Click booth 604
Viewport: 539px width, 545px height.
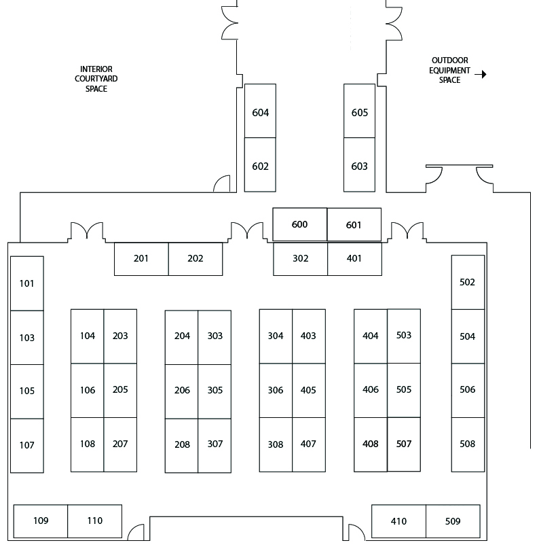coord(260,111)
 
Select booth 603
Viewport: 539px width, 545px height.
coord(359,166)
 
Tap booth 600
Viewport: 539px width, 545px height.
coord(299,225)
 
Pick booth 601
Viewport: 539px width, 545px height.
coord(354,225)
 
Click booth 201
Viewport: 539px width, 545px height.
coord(141,259)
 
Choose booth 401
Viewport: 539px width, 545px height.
coord(354,259)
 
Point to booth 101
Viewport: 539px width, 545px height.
coord(27,283)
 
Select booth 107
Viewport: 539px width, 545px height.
coord(27,445)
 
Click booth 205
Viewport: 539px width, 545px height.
coord(120,390)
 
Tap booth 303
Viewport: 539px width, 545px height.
coord(215,336)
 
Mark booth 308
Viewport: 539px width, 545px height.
coord(276,444)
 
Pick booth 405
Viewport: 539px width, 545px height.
coord(308,390)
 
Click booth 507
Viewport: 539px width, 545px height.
coord(404,444)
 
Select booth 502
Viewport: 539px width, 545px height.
coord(468,282)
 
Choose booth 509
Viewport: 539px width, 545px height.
coord(453,521)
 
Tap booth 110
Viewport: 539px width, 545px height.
coord(95,521)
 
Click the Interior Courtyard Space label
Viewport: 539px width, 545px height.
coord(96,79)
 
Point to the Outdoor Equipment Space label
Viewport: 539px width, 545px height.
coord(449,71)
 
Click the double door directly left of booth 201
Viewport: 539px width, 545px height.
coord(86,232)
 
